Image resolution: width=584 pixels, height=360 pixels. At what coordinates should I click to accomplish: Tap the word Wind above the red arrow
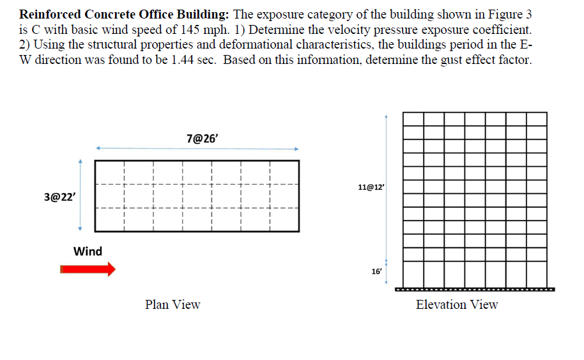[88, 251]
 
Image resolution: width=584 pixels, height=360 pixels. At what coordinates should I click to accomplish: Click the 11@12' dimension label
[372, 187]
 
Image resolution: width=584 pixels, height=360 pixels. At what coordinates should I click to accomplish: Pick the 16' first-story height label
[376, 271]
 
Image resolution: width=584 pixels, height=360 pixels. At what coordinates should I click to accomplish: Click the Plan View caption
[173, 304]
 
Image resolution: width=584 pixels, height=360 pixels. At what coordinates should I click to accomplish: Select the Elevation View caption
[457, 304]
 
